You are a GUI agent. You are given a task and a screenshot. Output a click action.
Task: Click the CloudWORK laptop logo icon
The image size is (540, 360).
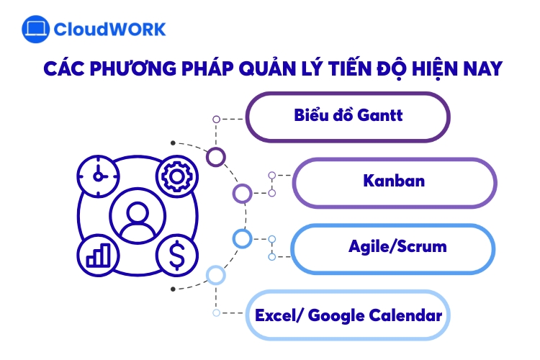35,30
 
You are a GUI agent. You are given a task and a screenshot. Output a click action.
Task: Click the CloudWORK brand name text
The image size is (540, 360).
109,30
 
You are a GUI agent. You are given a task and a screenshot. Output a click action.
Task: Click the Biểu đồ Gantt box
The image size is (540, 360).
348,116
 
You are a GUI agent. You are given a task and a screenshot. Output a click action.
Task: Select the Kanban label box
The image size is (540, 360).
394,181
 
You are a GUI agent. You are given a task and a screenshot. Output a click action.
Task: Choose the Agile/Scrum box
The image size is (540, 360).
394,248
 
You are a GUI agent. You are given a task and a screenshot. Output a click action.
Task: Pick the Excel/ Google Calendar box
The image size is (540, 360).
348,315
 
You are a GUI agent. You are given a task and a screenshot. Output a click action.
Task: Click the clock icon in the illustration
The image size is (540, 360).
97,175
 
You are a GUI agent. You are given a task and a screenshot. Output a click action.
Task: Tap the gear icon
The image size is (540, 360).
173,175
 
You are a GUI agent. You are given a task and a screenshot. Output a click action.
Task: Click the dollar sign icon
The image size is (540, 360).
173,253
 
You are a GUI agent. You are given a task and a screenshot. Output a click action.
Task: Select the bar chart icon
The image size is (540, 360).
97,254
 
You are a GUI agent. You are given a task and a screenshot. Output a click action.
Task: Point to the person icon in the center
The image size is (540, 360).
135,215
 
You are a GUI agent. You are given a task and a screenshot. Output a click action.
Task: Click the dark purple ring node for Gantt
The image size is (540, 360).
215,156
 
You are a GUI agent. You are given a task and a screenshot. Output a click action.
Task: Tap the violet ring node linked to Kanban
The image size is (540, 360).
243,193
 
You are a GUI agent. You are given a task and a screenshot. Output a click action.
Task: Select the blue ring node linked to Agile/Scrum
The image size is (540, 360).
242,238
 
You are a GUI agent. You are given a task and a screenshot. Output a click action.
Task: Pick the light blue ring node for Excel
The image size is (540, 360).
215,275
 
